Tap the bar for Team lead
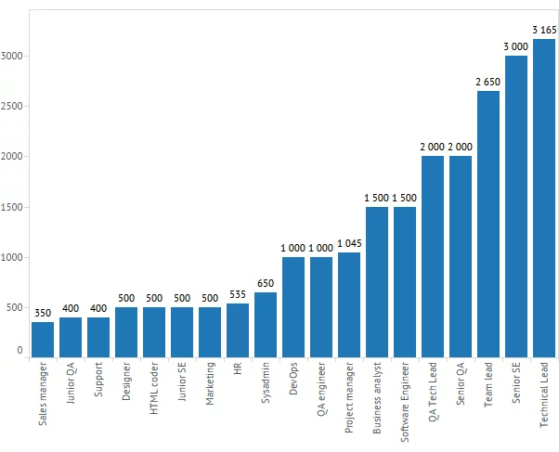point(488,223)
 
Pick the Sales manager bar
point(43,339)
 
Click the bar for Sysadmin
point(266,324)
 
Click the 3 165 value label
point(544,31)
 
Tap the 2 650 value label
point(488,83)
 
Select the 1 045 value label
point(349,244)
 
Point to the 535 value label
point(238,295)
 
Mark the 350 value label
point(43,314)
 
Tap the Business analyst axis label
point(378,398)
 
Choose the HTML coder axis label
point(155,391)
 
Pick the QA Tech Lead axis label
point(434,394)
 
